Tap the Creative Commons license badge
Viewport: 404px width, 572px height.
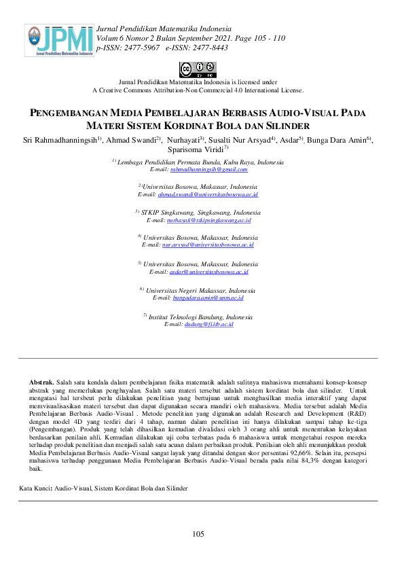tap(198, 69)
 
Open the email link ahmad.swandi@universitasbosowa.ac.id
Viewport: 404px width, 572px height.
tap(208, 194)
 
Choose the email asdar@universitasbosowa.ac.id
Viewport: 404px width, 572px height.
tap(208, 272)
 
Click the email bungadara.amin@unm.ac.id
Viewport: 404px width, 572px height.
tap(208, 298)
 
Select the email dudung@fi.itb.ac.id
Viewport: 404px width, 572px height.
tap(208, 325)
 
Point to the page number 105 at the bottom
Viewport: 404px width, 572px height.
tap(198, 535)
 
